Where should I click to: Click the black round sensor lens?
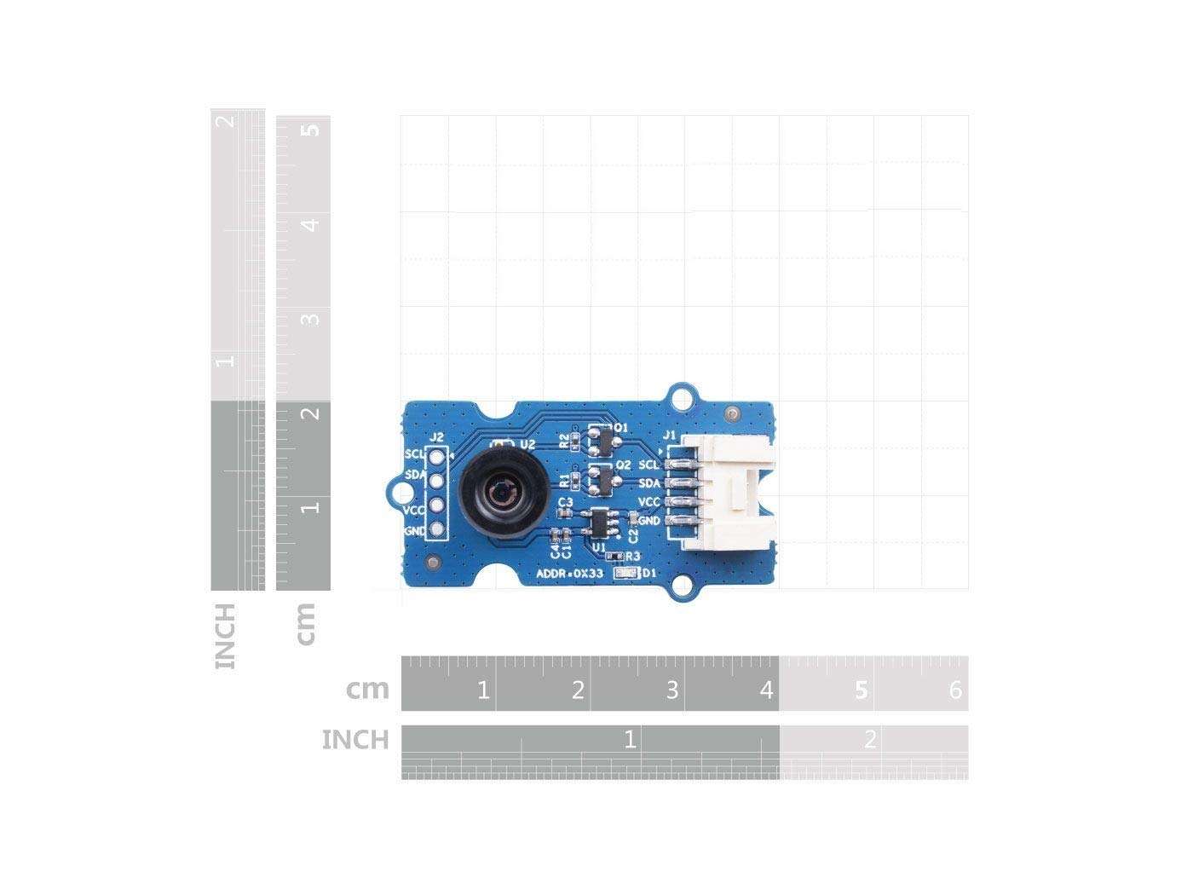click(x=497, y=493)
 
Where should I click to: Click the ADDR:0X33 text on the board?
click(x=570, y=574)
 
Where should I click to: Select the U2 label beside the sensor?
click(x=527, y=444)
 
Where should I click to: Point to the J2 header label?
click(x=437, y=437)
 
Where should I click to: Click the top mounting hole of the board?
click(x=682, y=397)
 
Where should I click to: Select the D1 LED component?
click(x=628, y=574)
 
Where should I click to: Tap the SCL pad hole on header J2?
click(x=437, y=457)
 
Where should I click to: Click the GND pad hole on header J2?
click(x=437, y=531)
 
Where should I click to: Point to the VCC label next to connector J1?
click(x=649, y=501)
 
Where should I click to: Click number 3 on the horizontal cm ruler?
click(x=671, y=690)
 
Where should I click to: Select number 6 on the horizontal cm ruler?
click(x=955, y=690)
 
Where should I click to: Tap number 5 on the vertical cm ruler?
click(x=312, y=130)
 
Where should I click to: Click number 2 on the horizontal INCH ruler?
click(x=870, y=739)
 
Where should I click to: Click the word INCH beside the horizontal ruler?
click(x=355, y=740)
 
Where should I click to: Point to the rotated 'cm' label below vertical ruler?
click(x=304, y=623)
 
